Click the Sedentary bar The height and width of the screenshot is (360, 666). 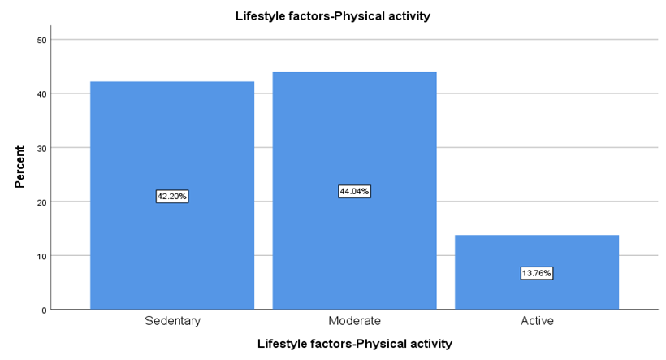(x=172, y=195)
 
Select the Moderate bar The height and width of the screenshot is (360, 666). (x=354, y=190)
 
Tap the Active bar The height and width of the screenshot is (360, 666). (x=537, y=272)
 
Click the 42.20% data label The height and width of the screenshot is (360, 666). (x=172, y=197)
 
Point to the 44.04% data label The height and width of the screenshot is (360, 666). (x=354, y=191)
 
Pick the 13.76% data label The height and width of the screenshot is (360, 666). (x=537, y=273)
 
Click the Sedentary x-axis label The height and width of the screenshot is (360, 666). (x=172, y=320)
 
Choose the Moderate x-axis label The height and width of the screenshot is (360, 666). (x=355, y=320)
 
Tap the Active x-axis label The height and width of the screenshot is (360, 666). (x=538, y=320)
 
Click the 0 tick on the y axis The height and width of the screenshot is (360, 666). (x=44, y=310)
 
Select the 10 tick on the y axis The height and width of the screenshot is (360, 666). (x=41, y=256)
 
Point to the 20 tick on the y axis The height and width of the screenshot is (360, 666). (x=41, y=202)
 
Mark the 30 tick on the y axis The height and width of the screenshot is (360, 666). (x=41, y=149)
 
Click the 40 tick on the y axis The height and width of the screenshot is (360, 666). (x=41, y=94)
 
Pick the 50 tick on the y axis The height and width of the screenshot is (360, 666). (x=41, y=41)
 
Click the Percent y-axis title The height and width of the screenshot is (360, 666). (x=20, y=167)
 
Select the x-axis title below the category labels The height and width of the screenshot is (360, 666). (x=355, y=344)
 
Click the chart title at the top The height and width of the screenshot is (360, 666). (x=333, y=16)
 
